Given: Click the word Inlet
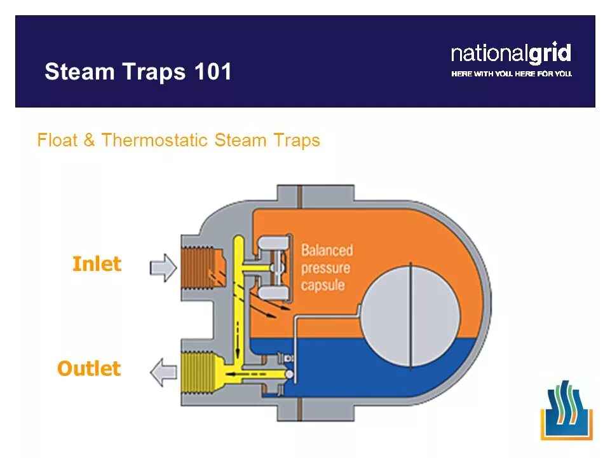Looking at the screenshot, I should click(97, 264).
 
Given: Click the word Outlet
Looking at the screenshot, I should click(89, 368).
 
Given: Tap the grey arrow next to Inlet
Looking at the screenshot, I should click(163, 267).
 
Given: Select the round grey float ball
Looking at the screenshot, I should click(410, 316).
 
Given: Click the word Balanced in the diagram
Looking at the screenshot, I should click(327, 250).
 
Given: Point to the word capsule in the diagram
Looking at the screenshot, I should click(323, 284).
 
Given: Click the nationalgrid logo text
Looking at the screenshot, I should click(511, 53).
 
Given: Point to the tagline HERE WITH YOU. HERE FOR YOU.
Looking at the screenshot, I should click(512, 74).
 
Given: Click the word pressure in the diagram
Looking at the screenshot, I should click(325, 268).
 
